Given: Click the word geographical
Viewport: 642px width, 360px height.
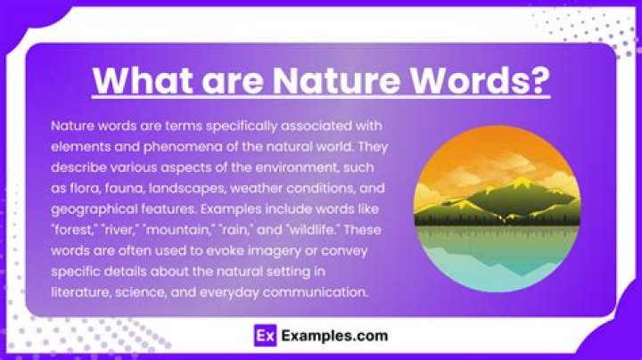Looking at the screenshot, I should tap(94, 206).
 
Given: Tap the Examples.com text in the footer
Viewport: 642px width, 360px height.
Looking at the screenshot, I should tap(333, 336).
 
